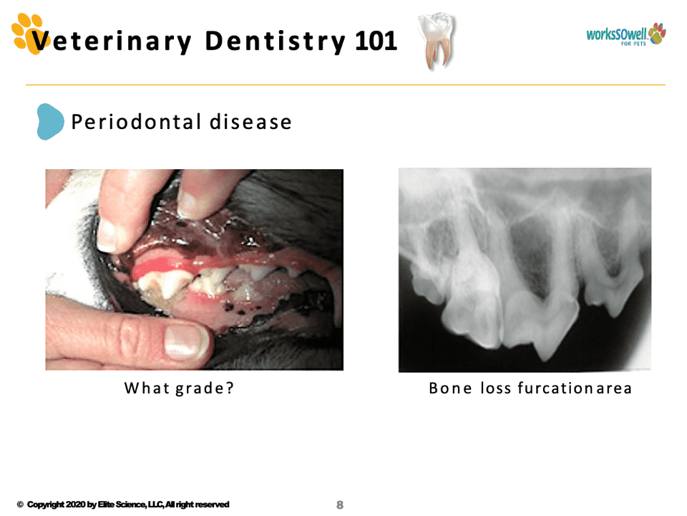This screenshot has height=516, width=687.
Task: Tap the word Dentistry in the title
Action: tap(275, 42)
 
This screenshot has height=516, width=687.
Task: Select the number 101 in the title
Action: tap(376, 41)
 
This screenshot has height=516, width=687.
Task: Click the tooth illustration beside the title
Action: tap(437, 40)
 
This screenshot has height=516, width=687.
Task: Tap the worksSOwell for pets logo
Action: tap(626, 34)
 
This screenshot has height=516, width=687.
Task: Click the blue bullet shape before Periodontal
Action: tap(50, 122)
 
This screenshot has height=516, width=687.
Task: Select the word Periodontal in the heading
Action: tap(136, 122)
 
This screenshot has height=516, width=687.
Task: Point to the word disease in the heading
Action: tap(250, 122)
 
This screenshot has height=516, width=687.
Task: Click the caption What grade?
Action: tap(179, 388)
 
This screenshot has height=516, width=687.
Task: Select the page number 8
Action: tap(339, 505)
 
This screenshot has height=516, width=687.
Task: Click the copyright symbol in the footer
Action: tap(20, 505)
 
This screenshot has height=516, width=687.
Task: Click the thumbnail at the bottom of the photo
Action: tap(183, 341)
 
